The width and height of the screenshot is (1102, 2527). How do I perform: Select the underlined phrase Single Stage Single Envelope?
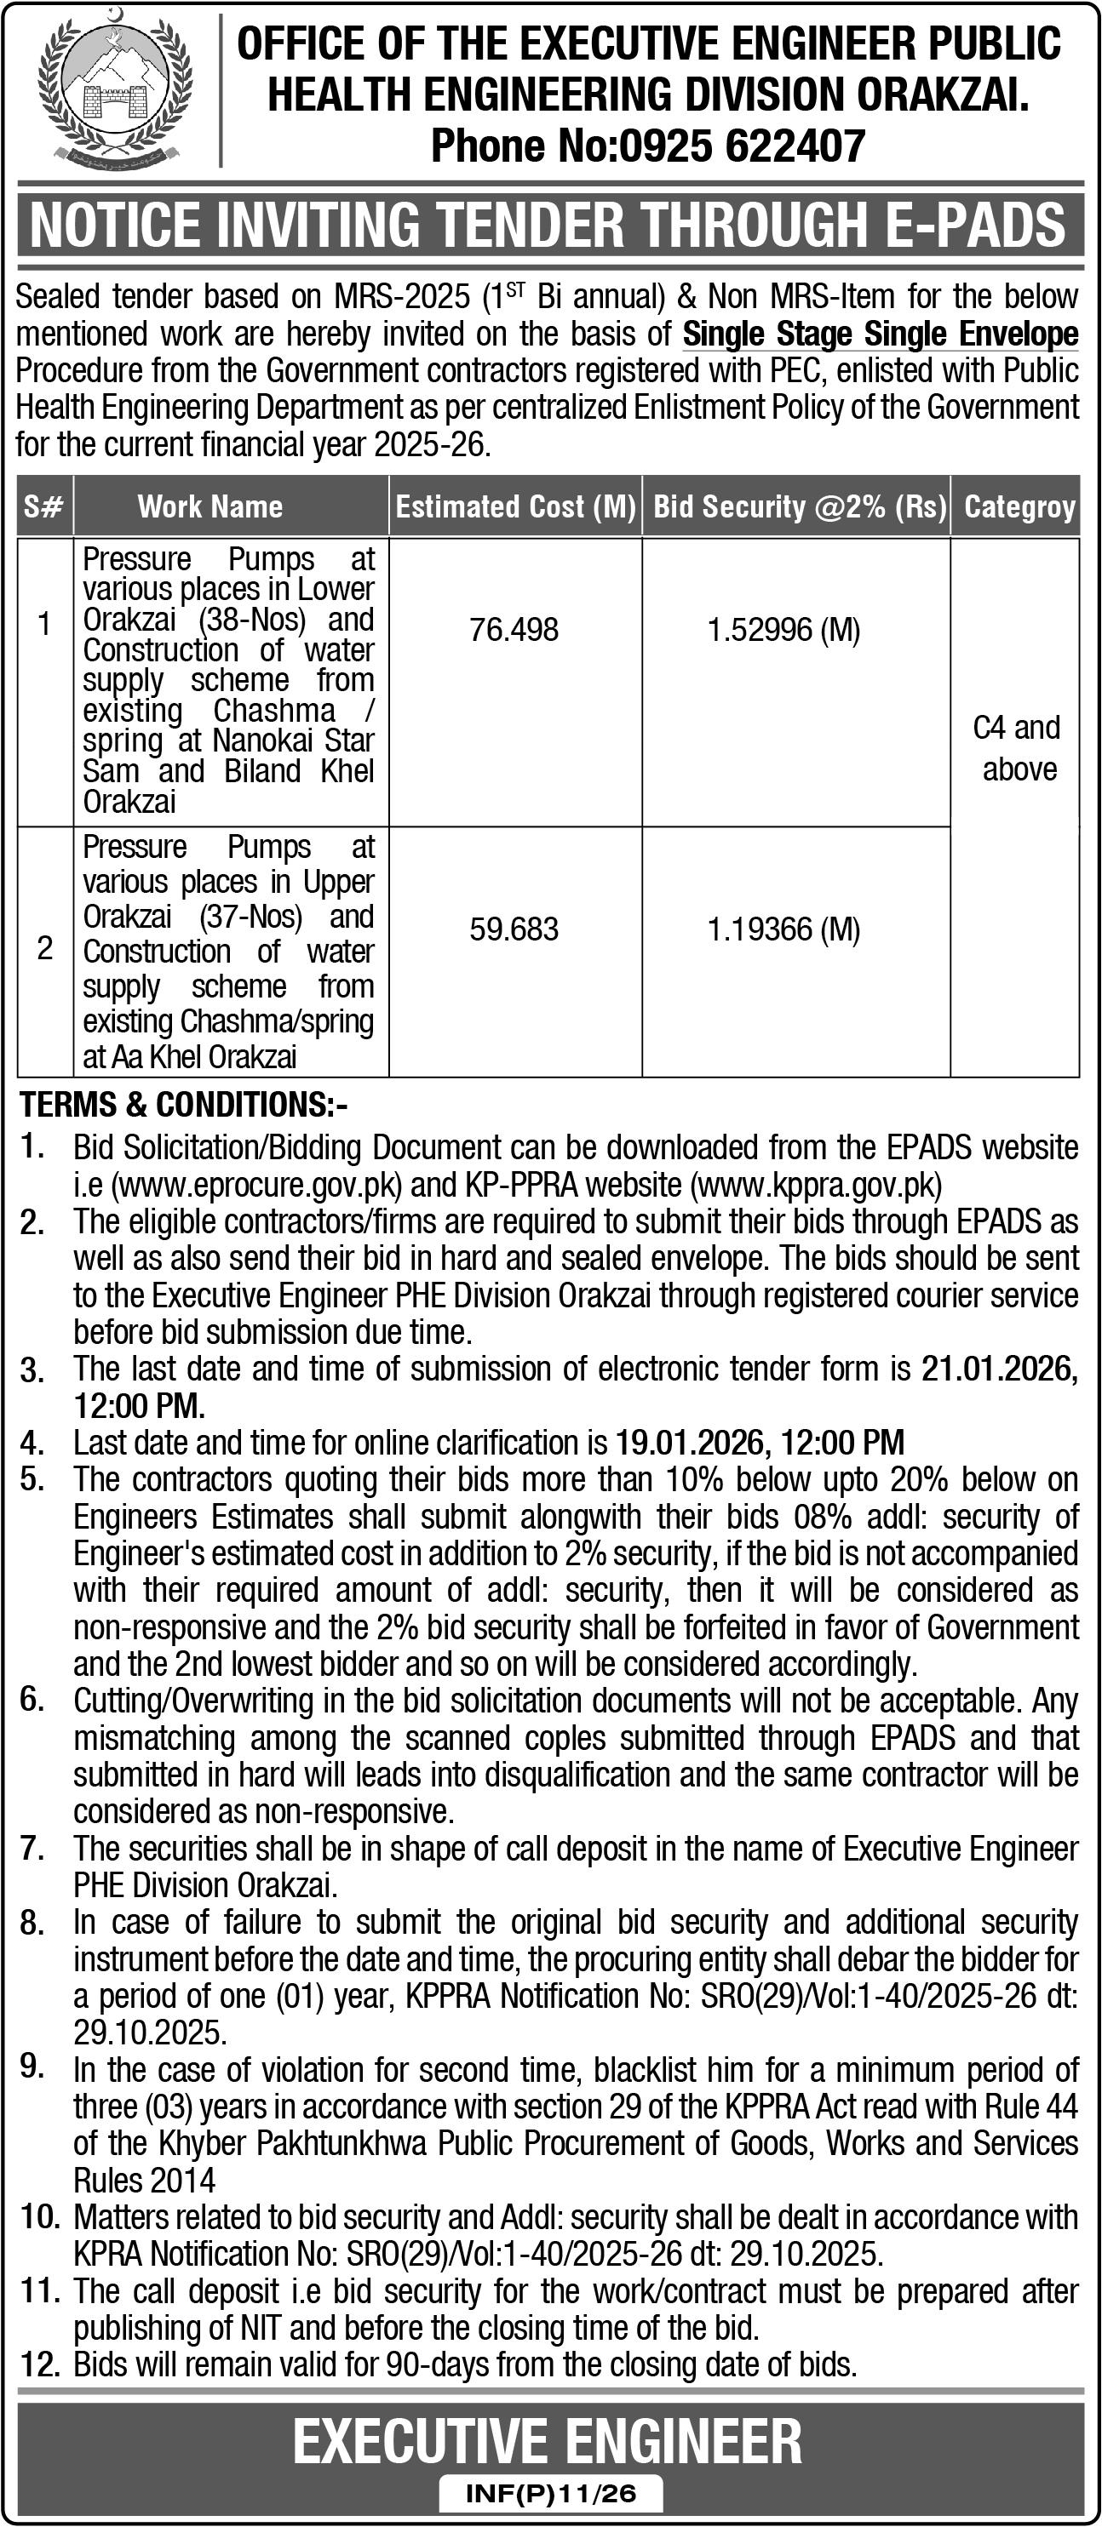point(881,334)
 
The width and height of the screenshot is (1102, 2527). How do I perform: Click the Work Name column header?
point(210,506)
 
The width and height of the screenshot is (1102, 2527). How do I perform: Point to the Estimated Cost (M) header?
point(515,506)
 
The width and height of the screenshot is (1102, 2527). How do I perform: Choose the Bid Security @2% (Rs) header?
point(799,506)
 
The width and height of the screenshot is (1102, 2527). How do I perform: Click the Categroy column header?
point(1019,506)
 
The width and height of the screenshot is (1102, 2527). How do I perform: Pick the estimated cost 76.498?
point(514,629)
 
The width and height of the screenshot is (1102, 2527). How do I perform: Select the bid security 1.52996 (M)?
point(783,629)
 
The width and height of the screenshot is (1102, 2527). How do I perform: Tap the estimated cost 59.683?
point(514,928)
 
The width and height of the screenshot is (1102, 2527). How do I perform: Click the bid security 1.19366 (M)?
point(783,928)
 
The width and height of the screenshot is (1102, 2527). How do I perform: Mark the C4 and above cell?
point(1018,747)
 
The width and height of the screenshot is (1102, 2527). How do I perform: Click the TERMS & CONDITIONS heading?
point(183,1105)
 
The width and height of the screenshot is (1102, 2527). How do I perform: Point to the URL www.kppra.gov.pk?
point(817,1185)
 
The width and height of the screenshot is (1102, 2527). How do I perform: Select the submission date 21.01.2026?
point(998,1369)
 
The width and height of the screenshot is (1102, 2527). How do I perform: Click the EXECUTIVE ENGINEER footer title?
point(548,2441)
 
